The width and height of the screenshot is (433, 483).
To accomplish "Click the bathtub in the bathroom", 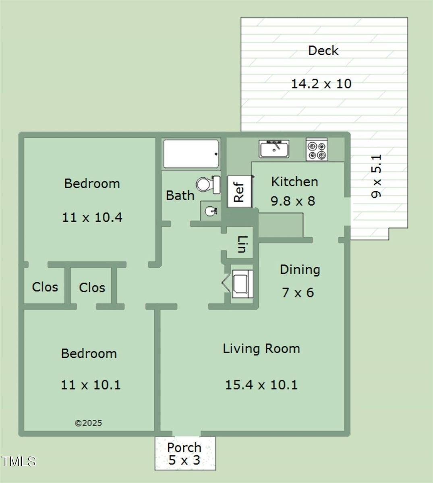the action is pyautogui.click(x=191, y=154).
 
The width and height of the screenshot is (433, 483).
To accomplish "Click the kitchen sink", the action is pyautogui.click(x=274, y=149).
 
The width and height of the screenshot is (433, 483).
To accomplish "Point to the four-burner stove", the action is pyautogui.click(x=317, y=149).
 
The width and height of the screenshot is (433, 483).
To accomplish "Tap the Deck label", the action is pyautogui.click(x=323, y=51).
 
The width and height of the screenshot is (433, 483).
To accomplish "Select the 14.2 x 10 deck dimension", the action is pyautogui.click(x=321, y=84).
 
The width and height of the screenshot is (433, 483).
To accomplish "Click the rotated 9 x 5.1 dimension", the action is pyautogui.click(x=377, y=176).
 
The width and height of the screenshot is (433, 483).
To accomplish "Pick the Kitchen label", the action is pyautogui.click(x=294, y=182).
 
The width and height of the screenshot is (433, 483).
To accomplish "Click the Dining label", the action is pyautogui.click(x=300, y=270).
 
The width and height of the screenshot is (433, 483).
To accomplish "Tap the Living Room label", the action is pyautogui.click(x=261, y=349).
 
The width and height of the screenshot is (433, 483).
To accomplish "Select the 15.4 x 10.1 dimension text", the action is pyautogui.click(x=261, y=385).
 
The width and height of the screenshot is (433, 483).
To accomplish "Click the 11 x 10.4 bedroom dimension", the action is pyautogui.click(x=92, y=217).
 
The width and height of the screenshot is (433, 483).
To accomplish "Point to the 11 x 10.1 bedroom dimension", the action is pyautogui.click(x=91, y=385).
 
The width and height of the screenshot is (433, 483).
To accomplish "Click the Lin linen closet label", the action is pyautogui.click(x=242, y=245).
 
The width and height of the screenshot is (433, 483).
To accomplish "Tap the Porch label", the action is pyautogui.click(x=184, y=448).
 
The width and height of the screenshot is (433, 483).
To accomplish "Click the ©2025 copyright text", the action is pyautogui.click(x=89, y=423).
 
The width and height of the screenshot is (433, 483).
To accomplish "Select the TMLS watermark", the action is pyautogui.click(x=18, y=461).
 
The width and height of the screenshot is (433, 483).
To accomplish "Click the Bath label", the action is pyautogui.click(x=180, y=196).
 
